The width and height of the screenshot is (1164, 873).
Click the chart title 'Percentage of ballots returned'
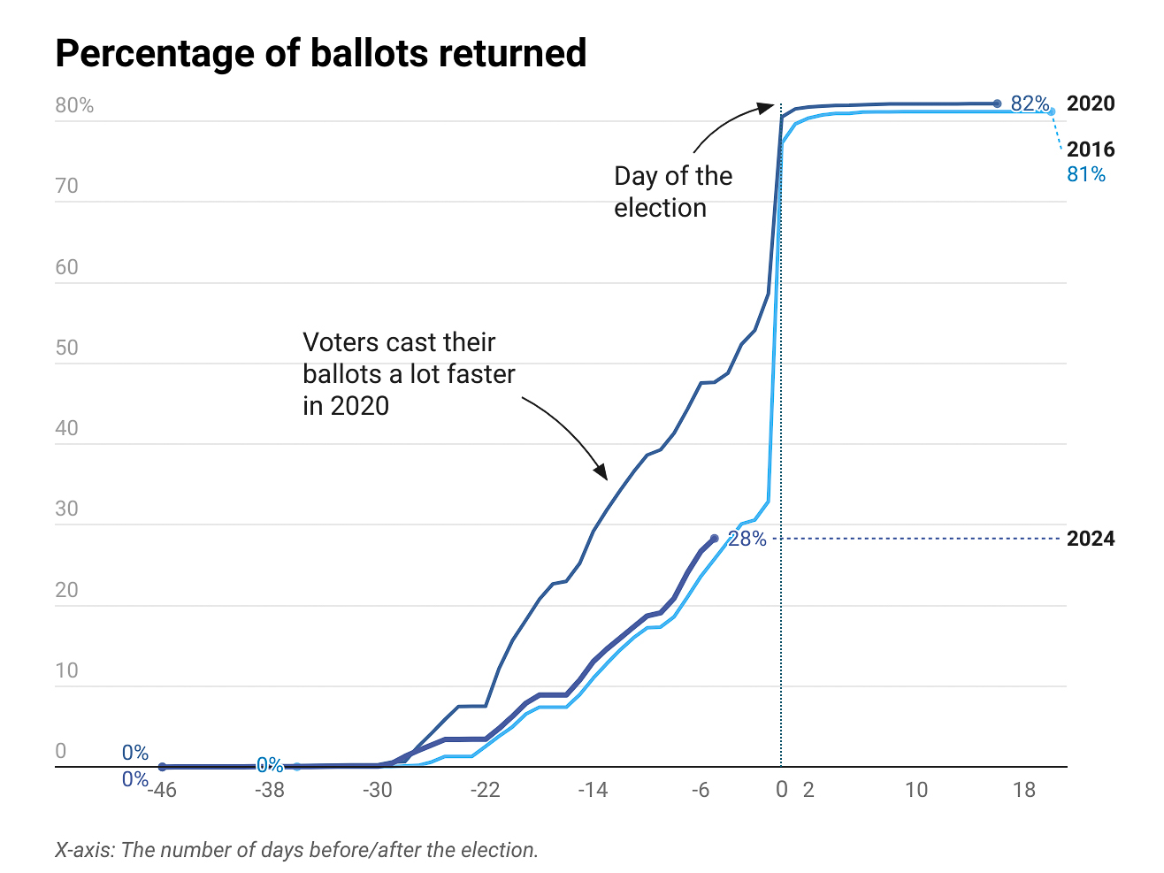coord(320,53)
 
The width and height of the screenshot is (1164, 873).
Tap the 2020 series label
coord(1090,103)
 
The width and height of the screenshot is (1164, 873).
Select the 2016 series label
coord(1090,149)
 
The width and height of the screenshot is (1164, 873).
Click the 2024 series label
coord(1090,539)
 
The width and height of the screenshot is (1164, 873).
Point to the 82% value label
coord(1030,104)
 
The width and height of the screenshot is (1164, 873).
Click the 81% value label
coord(1085,174)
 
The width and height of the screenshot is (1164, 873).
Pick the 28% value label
coord(747,539)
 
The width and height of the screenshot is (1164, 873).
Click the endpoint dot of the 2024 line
coord(714,539)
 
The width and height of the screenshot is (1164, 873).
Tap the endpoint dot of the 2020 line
coord(997,103)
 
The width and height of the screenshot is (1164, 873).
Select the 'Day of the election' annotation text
coord(672,192)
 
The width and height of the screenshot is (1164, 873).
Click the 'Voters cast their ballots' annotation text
coord(408,374)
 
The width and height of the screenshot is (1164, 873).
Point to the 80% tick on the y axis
coord(74,105)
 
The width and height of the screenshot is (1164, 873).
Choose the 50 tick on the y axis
coord(66,348)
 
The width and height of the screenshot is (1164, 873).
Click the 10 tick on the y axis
coord(66,670)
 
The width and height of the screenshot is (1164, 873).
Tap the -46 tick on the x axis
coord(161,790)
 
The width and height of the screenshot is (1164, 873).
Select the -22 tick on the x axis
coord(485,790)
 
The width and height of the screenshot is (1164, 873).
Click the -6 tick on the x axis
coord(700,790)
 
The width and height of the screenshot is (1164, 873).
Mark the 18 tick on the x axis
coord(1023,790)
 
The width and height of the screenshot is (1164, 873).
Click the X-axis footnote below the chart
coord(296,850)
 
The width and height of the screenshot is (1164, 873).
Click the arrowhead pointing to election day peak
coord(768,107)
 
